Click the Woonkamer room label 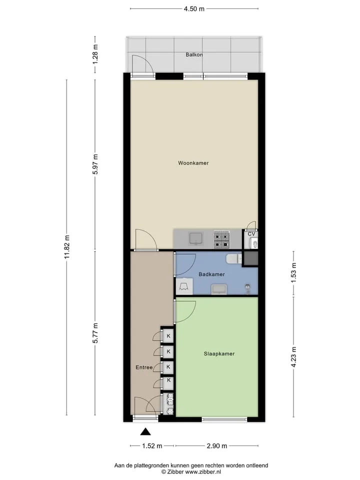pos(193,163)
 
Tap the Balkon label pos(194,55)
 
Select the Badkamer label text pos(211,274)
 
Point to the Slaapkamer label pos(219,353)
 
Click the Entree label pos(144,367)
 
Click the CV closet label pos(251,234)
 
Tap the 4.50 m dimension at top pos(194,9)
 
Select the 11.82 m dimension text pos(67,246)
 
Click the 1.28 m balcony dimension pos(95,54)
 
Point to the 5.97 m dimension pos(95,164)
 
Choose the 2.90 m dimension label pos(216,445)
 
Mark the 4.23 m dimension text pos(293,357)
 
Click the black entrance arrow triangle pos(145,431)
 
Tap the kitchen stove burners pos(221,239)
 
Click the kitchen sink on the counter pos(195,239)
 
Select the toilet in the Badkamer pos(234,258)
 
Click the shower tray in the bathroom pos(184,286)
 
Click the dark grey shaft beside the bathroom pos(250,258)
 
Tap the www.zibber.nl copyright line pos(191,472)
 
